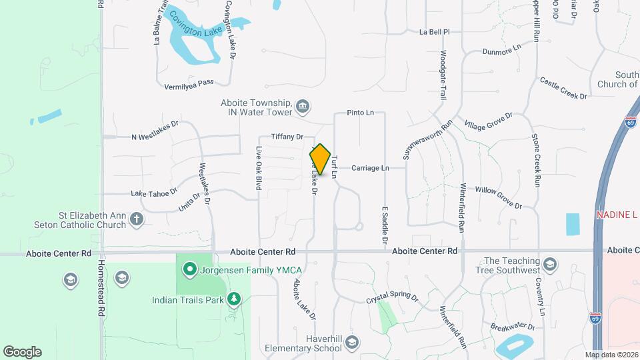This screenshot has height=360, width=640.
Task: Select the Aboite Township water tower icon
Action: point(303,106)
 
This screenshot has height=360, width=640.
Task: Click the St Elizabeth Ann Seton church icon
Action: point(136,219)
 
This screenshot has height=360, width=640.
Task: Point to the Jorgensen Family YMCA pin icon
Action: point(189,269)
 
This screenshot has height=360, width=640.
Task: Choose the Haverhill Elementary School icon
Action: point(351,343)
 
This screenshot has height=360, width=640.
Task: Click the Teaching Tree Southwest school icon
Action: point(550,264)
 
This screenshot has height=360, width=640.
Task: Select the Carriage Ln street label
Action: point(370,168)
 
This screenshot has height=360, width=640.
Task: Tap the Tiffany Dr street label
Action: point(287,137)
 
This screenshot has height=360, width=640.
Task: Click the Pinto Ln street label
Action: point(360,113)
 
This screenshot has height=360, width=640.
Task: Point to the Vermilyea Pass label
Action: point(189,84)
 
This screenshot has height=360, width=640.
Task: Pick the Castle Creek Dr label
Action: point(563,88)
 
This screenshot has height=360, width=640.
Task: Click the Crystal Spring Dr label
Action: point(391,299)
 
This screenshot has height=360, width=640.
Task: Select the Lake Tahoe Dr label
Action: point(154,193)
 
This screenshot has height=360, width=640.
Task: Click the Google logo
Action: point(22,352)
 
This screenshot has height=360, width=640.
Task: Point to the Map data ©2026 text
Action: point(611,355)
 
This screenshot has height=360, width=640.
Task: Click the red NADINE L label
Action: point(617,215)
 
